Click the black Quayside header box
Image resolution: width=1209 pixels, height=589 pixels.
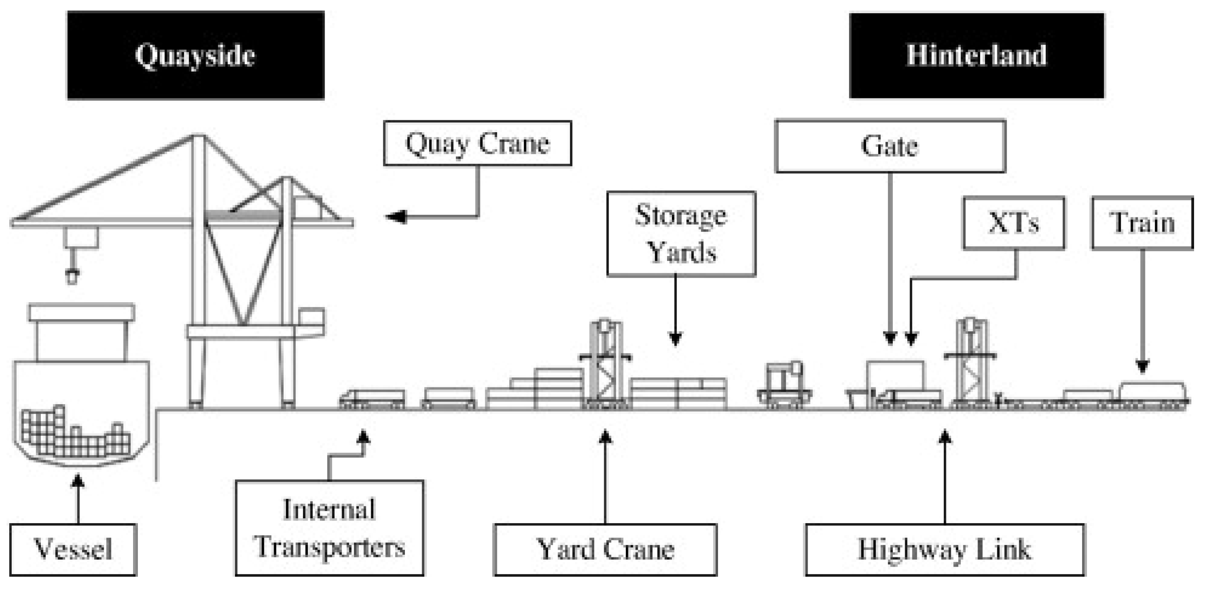196,55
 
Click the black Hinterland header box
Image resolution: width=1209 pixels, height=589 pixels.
976,55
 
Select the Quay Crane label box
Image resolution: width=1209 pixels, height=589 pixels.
477,143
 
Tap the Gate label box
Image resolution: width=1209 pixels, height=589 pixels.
890,146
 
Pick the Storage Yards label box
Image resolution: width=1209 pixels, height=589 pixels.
681,233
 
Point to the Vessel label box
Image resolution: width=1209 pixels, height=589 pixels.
73,549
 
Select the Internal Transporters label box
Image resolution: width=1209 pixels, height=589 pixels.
329,528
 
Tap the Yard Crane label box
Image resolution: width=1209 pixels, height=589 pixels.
605,549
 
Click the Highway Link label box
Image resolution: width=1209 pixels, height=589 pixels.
945,549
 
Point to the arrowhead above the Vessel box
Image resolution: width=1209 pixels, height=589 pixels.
78,481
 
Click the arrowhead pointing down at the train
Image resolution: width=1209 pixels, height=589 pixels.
1142,366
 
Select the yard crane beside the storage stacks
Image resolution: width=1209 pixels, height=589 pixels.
605,366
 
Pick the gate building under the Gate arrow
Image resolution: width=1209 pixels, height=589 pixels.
895,376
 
